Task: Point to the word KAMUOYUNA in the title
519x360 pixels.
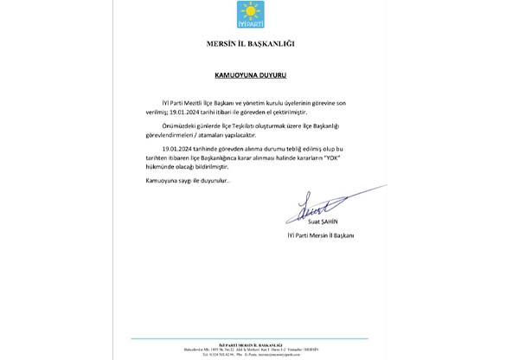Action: tap(241, 75)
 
